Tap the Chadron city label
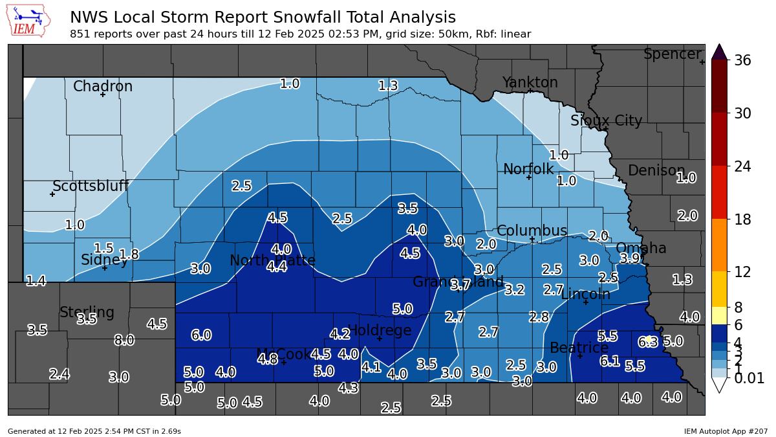tap(103, 86)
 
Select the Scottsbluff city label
tap(91, 186)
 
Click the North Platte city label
tap(272, 261)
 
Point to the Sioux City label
tap(606, 121)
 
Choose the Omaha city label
tap(640, 249)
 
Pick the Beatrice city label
tap(579, 348)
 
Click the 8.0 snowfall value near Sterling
tap(124, 341)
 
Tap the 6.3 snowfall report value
tap(647, 341)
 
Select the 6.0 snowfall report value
tap(201, 335)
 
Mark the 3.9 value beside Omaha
tap(630, 258)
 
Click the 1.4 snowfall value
tap(36, 281)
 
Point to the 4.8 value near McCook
tap(268, 358)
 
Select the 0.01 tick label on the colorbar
tap(748, 379)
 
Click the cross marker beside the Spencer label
tap(702, 62)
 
